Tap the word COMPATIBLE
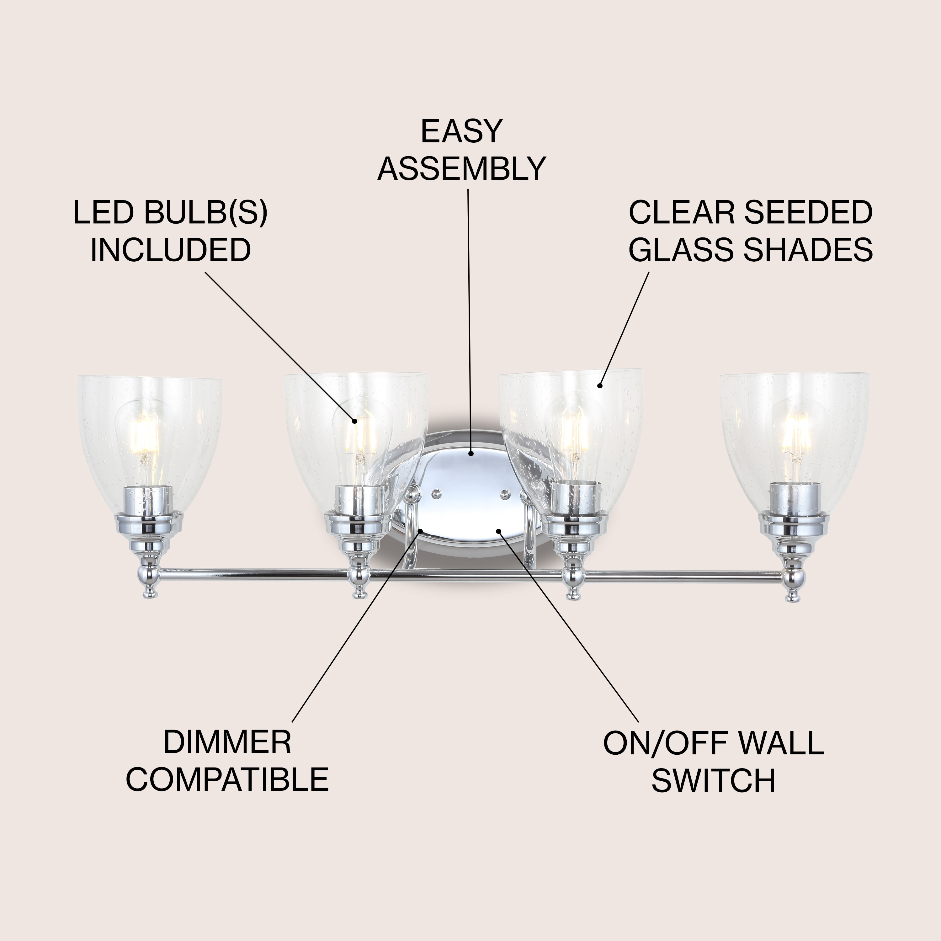click(227, 780)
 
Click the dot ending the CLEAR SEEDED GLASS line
click(600, 386)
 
